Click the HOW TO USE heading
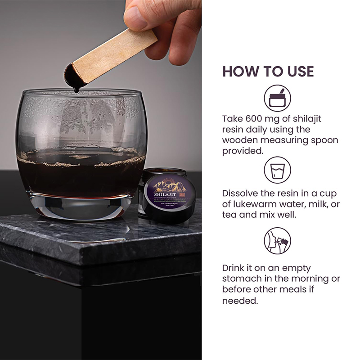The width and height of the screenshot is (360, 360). pos(268,71)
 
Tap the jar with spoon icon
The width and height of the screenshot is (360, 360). pos(277,98)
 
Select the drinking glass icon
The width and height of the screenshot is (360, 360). pos(277,170)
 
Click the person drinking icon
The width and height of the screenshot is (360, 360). pos(277,241)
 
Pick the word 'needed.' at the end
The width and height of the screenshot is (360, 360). pos(240,301)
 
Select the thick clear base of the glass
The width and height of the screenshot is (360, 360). pos(81,207)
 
